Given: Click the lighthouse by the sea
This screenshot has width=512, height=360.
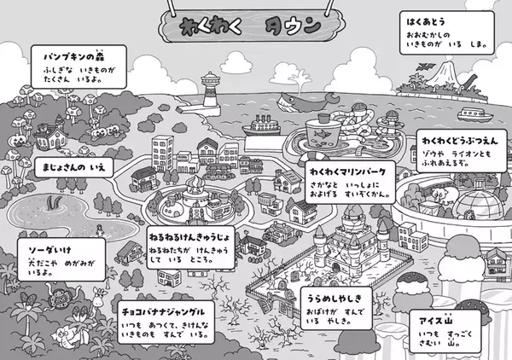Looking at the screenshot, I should (209, 89).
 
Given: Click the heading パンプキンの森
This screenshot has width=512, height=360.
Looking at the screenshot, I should (73, 53).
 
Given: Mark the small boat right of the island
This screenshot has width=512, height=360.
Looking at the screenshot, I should (471, 113).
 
